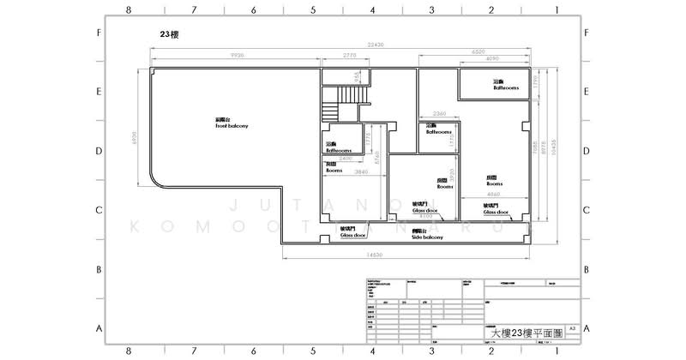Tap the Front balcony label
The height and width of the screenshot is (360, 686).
coord(232,123)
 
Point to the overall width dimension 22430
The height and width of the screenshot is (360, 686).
coord(375,45)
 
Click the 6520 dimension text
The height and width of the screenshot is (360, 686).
coord(479,51)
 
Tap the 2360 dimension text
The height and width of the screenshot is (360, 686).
coord(439,113)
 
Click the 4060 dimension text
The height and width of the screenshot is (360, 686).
coord(492,194)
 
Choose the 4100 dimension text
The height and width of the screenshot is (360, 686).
coord(426,217)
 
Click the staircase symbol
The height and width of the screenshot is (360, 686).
coord(331,112)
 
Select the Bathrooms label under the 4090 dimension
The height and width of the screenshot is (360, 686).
coord(505,87)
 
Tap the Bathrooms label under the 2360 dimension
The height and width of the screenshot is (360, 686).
coord(439,132)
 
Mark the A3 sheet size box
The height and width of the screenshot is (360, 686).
coord(572,328)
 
